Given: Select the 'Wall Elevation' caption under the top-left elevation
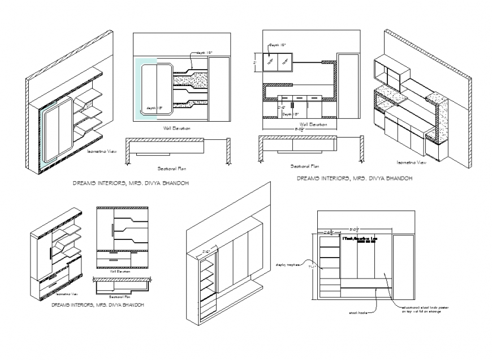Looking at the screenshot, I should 176,128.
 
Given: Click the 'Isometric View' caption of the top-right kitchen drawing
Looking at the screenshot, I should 411,162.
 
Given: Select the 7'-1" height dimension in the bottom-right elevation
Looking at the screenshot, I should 312,266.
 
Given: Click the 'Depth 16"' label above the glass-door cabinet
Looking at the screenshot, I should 277,44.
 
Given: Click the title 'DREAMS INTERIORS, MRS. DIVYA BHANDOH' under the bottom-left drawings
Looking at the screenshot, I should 97,305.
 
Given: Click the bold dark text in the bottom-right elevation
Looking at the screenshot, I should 360,239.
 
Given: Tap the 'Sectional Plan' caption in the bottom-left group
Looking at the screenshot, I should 116,296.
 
